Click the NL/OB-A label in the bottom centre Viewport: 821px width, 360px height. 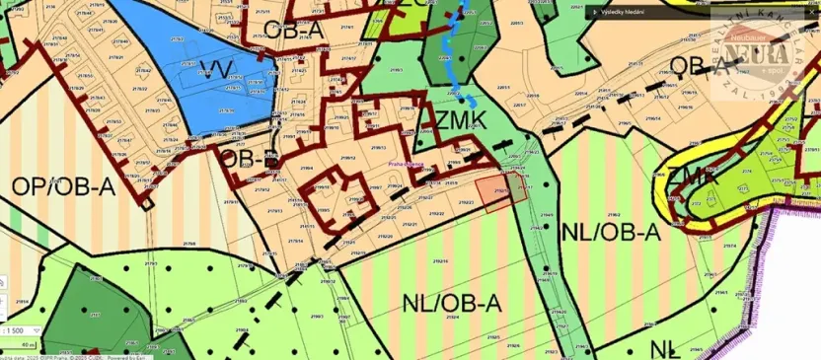(x=452, y=304)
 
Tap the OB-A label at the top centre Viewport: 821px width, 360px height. (x=295, y=31)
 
